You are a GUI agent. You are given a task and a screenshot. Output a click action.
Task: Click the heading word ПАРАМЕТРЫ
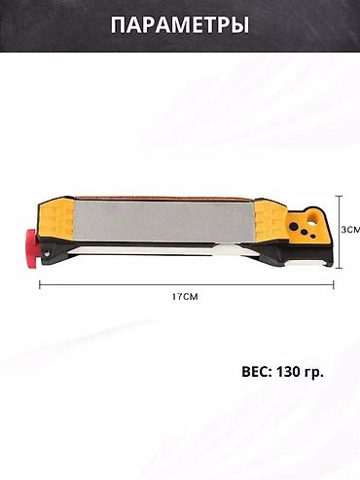click(x=180, y=25)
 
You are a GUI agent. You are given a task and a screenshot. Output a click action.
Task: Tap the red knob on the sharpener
click(x=32, y=248)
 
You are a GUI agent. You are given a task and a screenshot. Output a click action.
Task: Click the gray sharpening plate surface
click(x=164, y=222)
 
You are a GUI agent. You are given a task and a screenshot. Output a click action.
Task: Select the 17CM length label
click(x=185, y=296)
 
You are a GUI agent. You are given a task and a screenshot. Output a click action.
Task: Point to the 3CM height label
click(x=351, y=230)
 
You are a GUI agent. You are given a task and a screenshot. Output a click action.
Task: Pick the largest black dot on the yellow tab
click(x=295, y=226)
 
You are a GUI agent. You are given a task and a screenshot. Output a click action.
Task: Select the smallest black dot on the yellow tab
click(x=312, y=238)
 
